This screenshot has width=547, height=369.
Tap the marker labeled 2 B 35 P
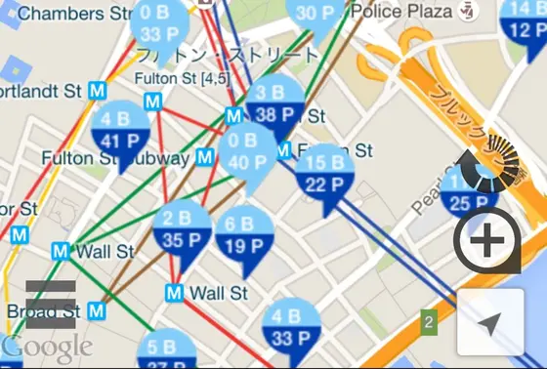[182, 231]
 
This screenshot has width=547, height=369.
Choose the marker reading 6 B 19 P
[243, 236]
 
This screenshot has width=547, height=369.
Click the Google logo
[46, 347]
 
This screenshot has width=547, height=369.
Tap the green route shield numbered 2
[428, 320]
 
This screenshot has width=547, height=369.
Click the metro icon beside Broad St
[96, 310]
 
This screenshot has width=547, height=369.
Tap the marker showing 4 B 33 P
[290, 329]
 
